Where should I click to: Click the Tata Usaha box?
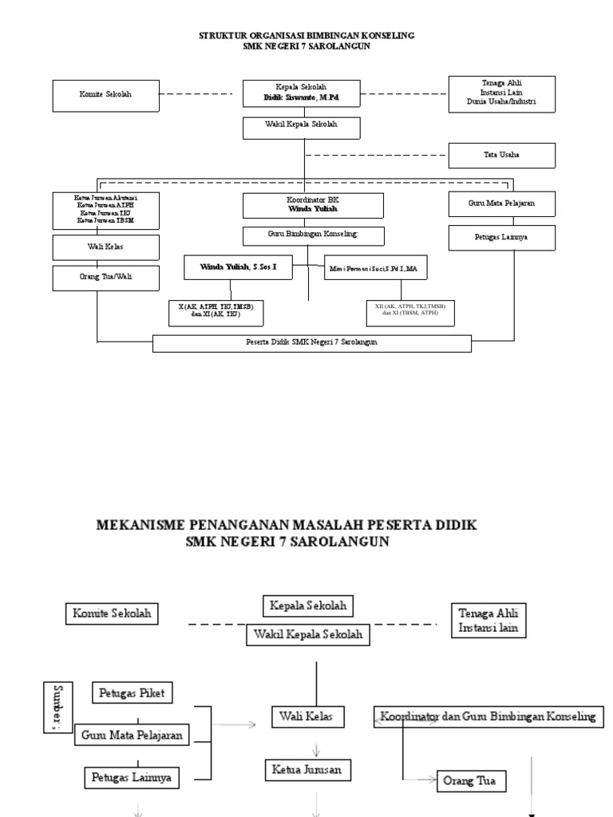pos(501,156)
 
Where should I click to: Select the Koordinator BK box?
pos(313,205)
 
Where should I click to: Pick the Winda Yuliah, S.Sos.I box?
pos(236,268)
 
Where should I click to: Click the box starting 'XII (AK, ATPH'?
pos(409,311)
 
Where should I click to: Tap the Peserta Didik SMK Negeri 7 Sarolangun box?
pos(311,342)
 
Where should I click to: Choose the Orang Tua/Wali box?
pos(106,278)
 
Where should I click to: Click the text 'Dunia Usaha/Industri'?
pos(501,103)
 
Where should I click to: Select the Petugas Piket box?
pos(133,693)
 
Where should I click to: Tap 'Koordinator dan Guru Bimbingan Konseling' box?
pos(488,716)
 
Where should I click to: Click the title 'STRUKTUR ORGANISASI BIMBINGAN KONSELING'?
pos(306,36)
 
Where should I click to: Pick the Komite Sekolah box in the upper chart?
pos(106,95)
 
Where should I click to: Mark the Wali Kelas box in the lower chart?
pos(307,716)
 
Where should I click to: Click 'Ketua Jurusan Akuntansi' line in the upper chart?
pos(106,196)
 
